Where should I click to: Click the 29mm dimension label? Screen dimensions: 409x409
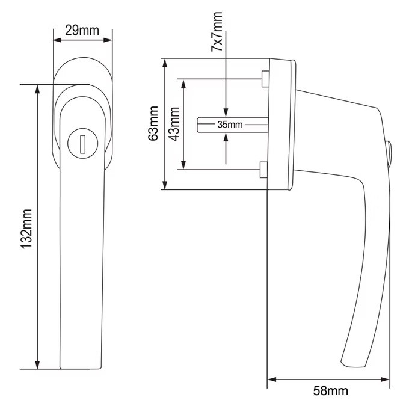pos(82,31)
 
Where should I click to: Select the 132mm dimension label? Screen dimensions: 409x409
pos(26,229)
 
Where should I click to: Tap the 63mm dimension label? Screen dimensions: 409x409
pos(153,123)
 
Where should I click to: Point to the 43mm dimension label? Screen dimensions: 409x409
pos(174,124)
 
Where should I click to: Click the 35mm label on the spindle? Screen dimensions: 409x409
pos(230,125)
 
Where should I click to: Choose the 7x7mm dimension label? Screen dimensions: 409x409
pos(217,31)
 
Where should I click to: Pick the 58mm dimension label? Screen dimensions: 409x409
pos(330,391)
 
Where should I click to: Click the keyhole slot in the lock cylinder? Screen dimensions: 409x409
pos(82,144)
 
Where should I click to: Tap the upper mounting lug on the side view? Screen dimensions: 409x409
pos(265,79)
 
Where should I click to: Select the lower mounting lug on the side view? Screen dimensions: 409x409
pos(263,170)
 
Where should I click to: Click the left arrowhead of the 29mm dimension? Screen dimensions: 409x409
pos(57,40)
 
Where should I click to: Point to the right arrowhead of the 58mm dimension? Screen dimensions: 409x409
pos(386,380)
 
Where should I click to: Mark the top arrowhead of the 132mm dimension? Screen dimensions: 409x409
pos(37,89)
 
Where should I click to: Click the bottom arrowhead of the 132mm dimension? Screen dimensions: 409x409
pos(37,364)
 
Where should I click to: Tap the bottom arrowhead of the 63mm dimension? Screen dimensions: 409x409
pos(165,185)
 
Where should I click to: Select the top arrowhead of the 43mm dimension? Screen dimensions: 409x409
pos(183,84)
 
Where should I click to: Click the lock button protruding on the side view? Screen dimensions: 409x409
pos(388,155)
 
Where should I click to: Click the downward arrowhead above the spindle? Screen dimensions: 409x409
pos(226,112)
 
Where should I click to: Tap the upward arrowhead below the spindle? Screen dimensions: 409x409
pos(226,137)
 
